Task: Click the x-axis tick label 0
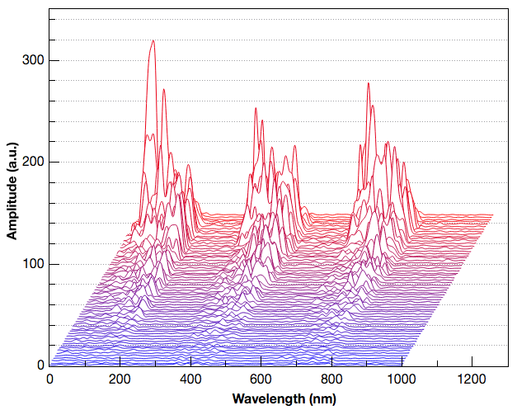(x=50, y=379)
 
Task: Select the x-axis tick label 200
(x=120, y=379)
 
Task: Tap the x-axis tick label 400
(x=190, y=379)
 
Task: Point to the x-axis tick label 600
(x=261, y=379)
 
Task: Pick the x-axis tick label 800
(x=331, y=379)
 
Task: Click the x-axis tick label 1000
(x=402, y=379)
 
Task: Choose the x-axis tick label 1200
(x=472, y=379)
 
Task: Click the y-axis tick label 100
(x=31, y=264)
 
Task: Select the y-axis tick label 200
(x=31, y=162)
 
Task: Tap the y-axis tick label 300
(x=31, y=60)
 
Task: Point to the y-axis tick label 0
(x=38, y=365)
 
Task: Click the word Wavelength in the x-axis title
(x=265, y=398)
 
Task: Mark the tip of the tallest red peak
(x=153, y=40)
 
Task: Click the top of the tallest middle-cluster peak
(x=256, y=108)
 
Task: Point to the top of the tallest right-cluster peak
(x=368, y=82)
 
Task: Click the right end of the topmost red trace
(x=493, y=214)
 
